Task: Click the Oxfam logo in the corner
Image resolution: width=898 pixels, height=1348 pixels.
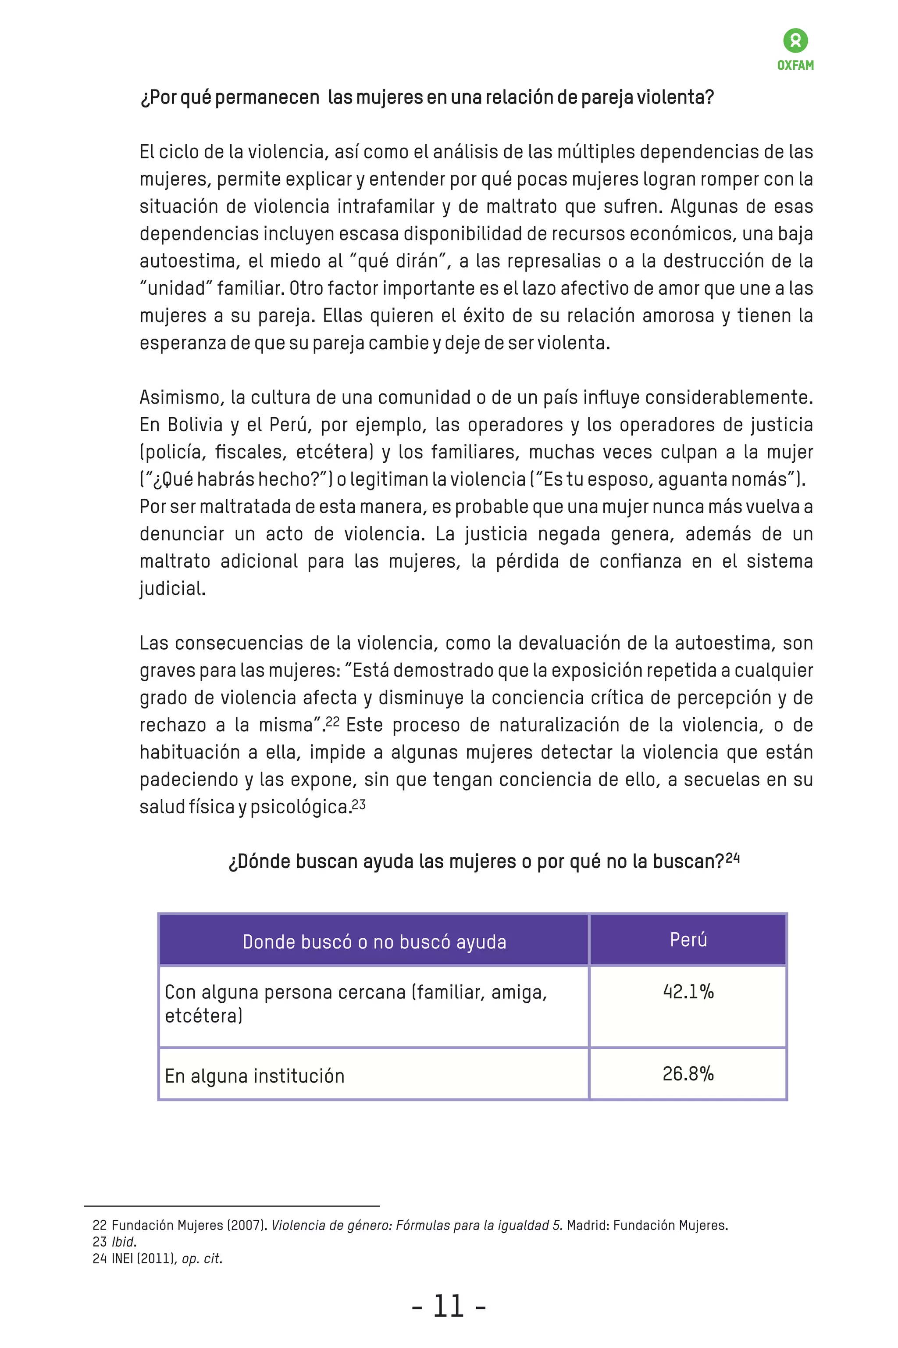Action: click(x=795, y=49)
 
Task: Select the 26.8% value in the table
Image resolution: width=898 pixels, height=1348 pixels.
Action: click(x=688, y=1073)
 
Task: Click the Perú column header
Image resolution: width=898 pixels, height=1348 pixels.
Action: click(x=688, y=940)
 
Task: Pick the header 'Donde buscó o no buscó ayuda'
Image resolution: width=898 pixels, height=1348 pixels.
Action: click(x=374, y=942)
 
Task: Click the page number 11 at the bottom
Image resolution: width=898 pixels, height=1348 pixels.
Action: click(x=449, y=1307)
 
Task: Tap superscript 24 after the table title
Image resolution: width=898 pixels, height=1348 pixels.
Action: click(x=733, y=858)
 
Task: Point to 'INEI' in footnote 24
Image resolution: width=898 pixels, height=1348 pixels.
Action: click(x=122, y=1259)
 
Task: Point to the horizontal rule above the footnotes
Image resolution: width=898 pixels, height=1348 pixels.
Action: click(x=232, y=1206)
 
